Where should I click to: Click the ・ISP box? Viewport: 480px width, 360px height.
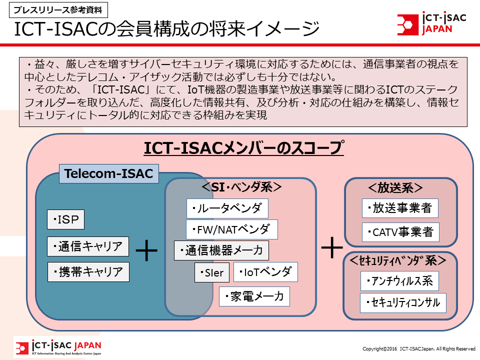pyautogui.click(x=65, y=219)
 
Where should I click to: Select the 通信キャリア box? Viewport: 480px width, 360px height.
pyautogui.click(x=88, y=246)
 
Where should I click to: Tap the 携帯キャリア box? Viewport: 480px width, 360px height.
pyautogui.click(x=88, y=272)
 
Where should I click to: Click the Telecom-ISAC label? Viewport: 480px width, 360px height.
pyautogui.click(x=108, y=173)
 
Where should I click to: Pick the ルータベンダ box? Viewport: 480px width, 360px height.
pyautogui.click(x=227, y=208)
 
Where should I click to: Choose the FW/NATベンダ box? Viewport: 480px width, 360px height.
pyautogui.click(x=232, y=229)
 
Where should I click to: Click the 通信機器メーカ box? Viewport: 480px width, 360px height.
pyautogui.click(x=221, y=250)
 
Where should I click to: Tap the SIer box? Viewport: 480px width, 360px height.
pyautogui.click(x=212, y=272)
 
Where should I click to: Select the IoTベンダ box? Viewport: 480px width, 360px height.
pyautogui.click(x=265, y=272)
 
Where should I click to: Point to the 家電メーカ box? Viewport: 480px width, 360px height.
pyautogui.click(x=254, y=296)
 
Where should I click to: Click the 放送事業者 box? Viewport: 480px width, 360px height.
pyautogui.click(x=400, y=208)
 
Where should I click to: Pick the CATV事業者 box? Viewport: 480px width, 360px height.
pyautogui.click(x=400, y=232)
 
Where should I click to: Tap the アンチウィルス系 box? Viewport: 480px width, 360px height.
pyautogui.click(x=399, y=281)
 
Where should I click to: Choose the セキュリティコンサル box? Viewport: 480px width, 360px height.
pyautogui.click(x=403, y=303)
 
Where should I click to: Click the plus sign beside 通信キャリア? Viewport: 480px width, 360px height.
pyautogui.click(x=146, y=250)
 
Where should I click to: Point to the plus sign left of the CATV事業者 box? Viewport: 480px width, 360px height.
pyautogui.click(x=332, y=247)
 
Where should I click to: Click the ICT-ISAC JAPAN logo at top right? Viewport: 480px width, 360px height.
pyautogui.click(x=431, y=23)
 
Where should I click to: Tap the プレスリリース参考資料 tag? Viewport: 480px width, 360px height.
pyautogui.click(x=58, y=10)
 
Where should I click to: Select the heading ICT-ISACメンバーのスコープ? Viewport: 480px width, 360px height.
pyautogui.click(x=244, y=148)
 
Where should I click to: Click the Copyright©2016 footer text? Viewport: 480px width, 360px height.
pyautogui.click(x=419, y=348)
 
